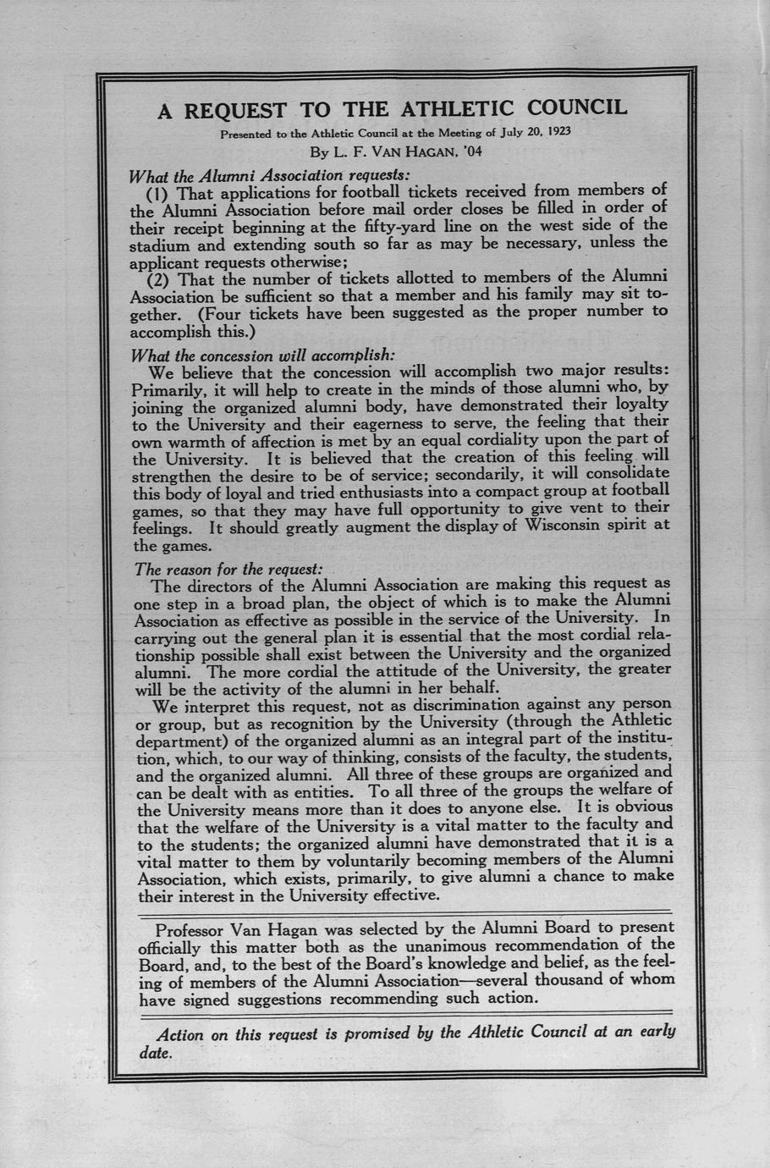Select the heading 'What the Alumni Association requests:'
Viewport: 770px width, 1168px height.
(x=268, y=175)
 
